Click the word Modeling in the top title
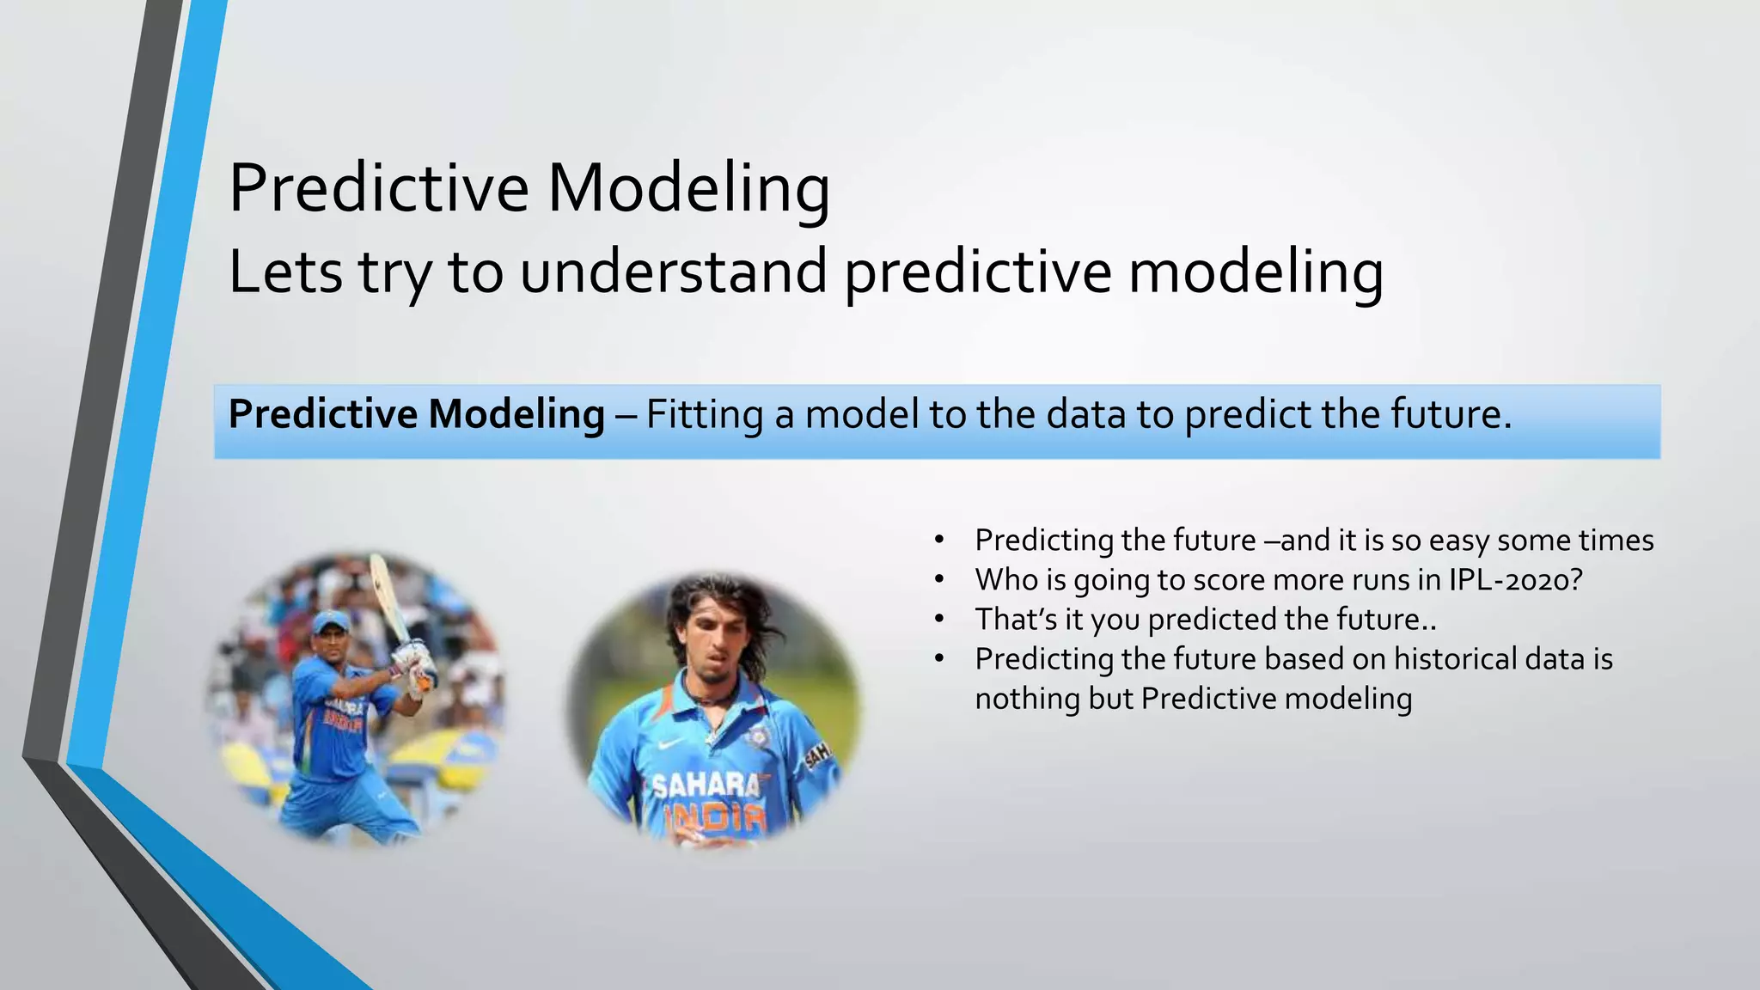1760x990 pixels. tap(688, 188)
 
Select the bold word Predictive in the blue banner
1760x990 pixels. tap(322, 414)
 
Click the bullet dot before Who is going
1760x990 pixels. tap(939, 580)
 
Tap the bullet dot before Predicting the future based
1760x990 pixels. tap(939, 659)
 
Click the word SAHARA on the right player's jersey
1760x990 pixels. tap(706, 785)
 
